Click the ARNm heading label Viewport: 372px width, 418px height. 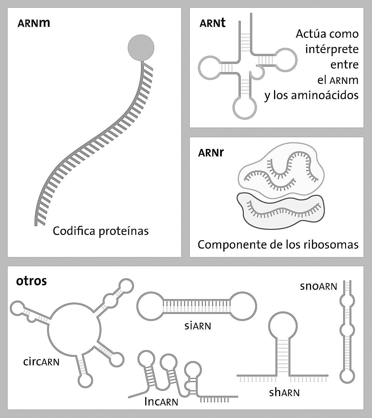pos(34,23)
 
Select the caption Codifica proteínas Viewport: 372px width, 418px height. pos(101,231)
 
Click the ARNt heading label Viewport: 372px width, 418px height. pos(213,23)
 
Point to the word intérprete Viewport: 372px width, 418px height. pos(332,49)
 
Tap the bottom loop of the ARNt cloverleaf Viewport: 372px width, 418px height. pos(245,107)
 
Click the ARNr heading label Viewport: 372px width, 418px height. pos(211,152)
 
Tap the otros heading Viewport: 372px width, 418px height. pos(31,281)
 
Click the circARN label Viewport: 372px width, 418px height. pos(41,362)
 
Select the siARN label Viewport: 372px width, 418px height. pos(198,326)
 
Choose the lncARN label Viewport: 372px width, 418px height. pos(161,402)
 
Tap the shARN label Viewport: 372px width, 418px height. pos(284,393)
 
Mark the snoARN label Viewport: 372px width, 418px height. pos(318,286)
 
